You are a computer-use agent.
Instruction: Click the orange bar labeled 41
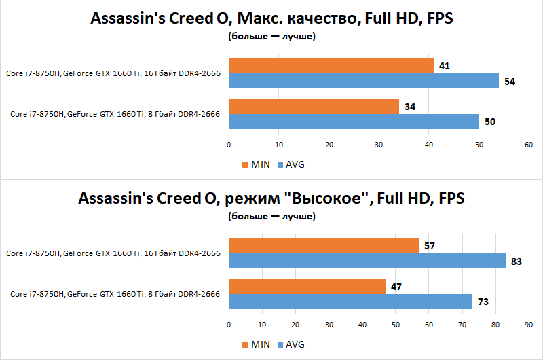(331, 66)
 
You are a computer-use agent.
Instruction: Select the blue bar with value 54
(364, 81)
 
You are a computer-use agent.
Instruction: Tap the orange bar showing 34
(314, 107)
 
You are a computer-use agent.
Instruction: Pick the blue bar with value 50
(354, 122)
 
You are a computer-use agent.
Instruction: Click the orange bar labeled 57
(324, 246)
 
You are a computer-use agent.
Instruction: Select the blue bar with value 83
(367, 261)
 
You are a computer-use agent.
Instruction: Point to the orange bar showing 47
(307, 287)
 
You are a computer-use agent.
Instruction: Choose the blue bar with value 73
(350, 302)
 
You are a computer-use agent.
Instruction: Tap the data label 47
(397, 287)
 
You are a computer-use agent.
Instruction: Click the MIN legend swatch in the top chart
(246, 164)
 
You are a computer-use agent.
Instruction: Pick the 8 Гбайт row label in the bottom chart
(115, 294)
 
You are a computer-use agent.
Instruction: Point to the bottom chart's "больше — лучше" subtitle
(271, 217)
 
